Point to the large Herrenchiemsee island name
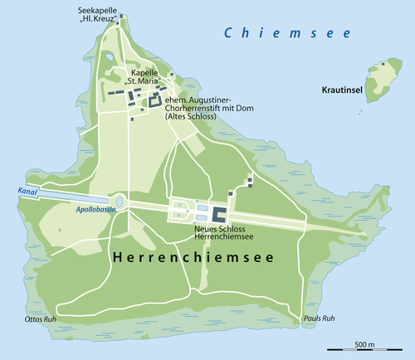click(x=203, y=258)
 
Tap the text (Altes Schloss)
click(x=190, y=117)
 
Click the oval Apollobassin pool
click(x=120, y=201)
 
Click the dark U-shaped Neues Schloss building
click(x=220, y=213)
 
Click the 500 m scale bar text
click(x=364, y=343)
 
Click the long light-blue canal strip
click(x=71, y=198)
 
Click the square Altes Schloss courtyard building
click(x=154, y=101)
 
